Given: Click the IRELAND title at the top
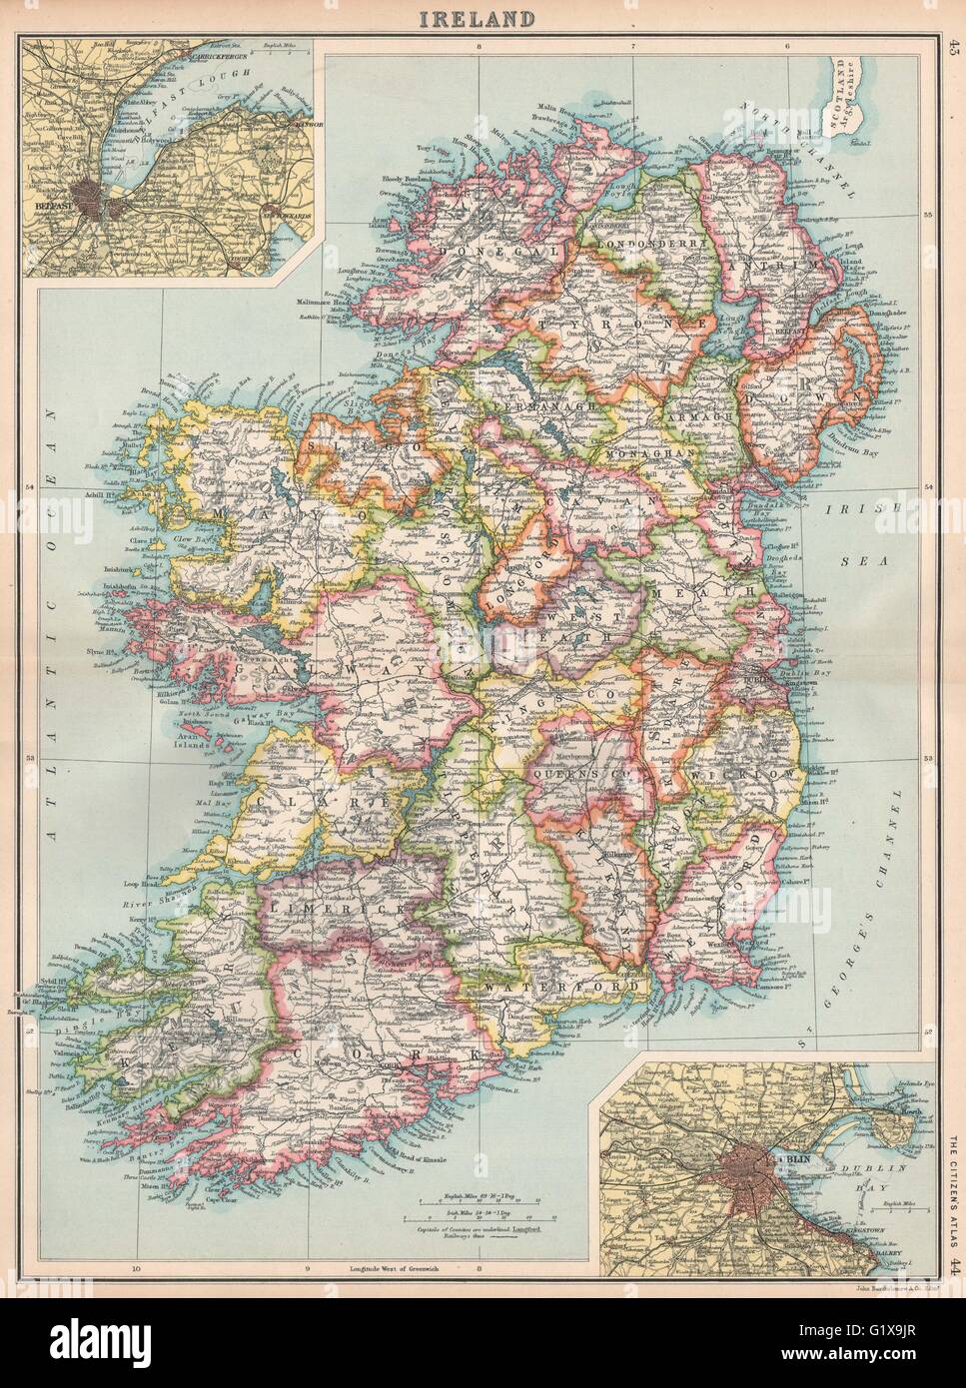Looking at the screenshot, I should coord(483,17).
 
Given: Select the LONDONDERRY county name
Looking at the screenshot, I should coord(650,243).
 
